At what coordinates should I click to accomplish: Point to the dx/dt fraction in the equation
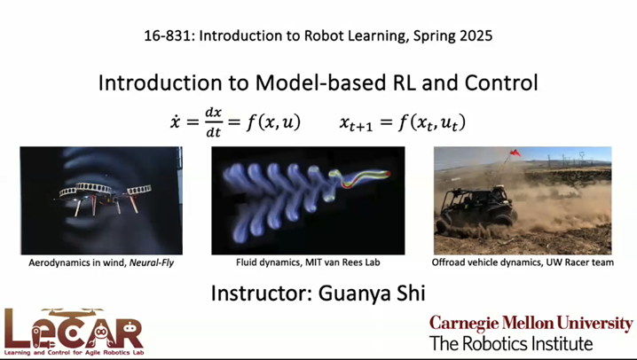point(213,122)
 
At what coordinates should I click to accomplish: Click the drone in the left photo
point(98,196)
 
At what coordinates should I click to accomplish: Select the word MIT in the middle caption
point(318,263)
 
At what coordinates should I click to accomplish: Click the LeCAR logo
point(73,330)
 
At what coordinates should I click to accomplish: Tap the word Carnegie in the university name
point(467,323)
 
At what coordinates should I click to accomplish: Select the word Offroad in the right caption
point(451,263)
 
